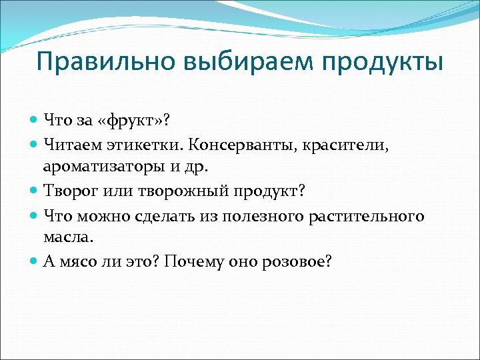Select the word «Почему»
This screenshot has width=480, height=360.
[198, 262]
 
